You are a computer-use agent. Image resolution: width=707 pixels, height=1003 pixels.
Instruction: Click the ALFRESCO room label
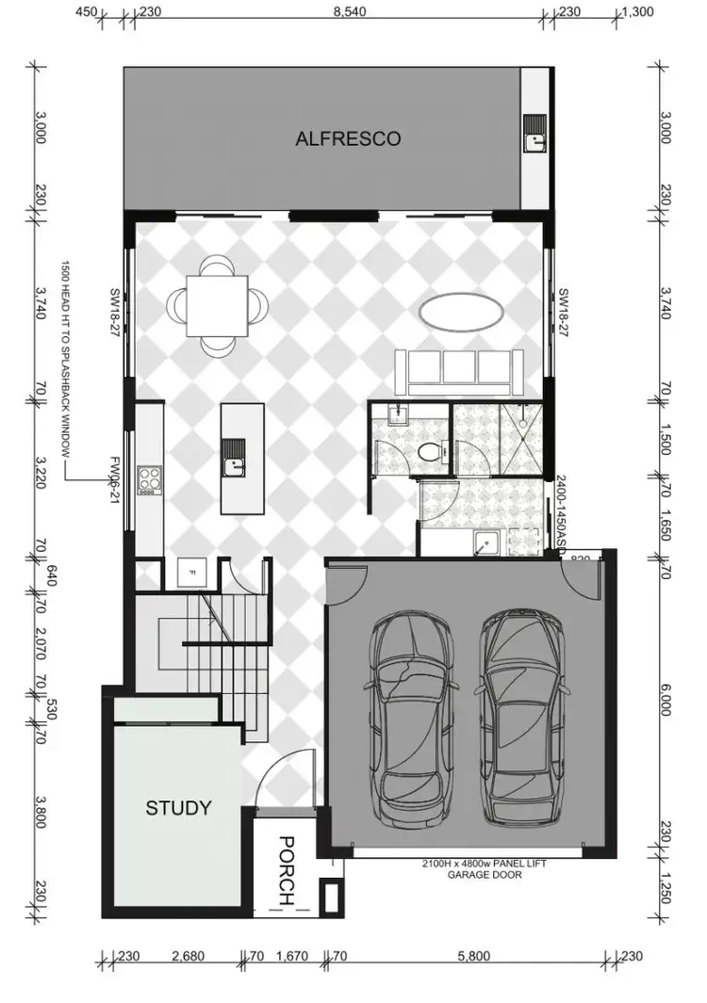(348, 138)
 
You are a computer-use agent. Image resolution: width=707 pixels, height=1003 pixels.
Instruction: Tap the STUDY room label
(177, 807)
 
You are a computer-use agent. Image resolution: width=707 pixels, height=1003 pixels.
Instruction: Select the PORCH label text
(288, 871)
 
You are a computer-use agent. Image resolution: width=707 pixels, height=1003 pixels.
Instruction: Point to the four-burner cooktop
(149, 479)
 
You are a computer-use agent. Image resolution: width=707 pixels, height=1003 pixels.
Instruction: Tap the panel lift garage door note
(483, 867)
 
